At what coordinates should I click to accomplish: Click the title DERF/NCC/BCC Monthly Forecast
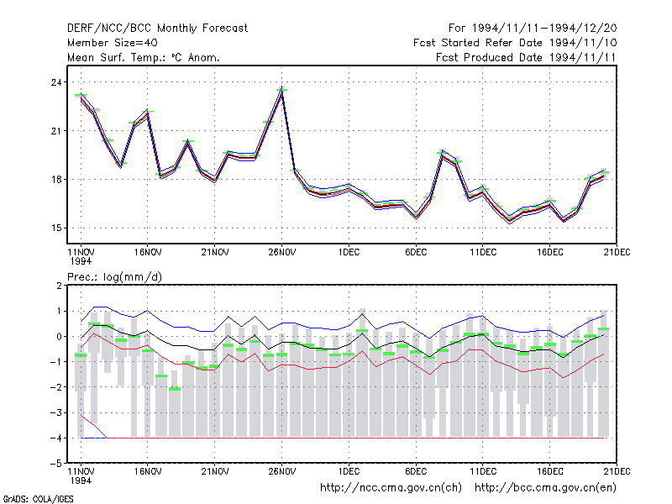tap(157, 29)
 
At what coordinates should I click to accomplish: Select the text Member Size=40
tap(113, 43)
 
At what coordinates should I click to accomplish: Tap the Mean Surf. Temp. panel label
tap(143, 57)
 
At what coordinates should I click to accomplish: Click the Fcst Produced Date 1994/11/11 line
tap(526, 57)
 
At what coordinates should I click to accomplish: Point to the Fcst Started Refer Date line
tap(515, 43)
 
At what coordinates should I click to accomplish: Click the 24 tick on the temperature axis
tap(56, 81)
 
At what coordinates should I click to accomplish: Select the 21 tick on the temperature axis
tap(56, 131)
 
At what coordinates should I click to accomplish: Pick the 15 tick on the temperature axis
tap(56, 228)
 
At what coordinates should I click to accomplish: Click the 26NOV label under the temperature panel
tap(282, 252)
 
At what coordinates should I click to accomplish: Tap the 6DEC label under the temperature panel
tap(416, 252)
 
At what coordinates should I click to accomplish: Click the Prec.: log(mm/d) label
tap(114, 277)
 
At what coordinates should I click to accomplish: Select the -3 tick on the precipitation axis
tap(55, 412)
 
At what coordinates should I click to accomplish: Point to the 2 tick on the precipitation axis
tap(59, 286)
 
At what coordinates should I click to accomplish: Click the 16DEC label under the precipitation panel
tap(550, 471)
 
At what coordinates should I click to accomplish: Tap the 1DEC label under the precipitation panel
tap(349, 471)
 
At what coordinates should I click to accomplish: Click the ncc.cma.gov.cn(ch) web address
tap(391, 488)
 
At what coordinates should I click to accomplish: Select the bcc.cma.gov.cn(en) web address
tap(545, 488)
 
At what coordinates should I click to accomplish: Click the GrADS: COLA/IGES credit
tap(38, 499)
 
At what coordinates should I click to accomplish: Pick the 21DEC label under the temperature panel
tap(617, 252)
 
